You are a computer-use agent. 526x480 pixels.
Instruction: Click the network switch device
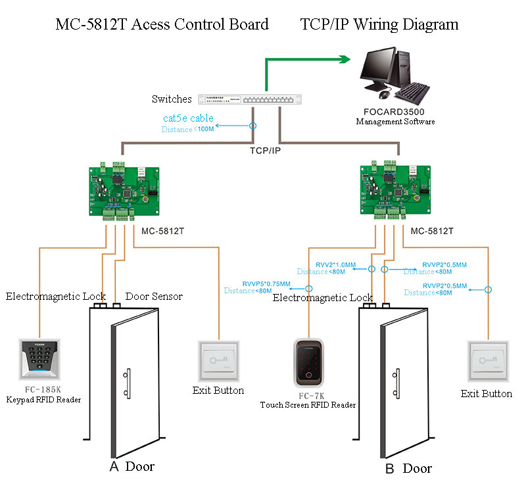pos(251,99)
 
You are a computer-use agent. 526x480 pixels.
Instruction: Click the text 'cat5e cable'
pos(189,118)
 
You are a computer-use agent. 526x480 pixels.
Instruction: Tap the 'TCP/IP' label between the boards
pos(266,151)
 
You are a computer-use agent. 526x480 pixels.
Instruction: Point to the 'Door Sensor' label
pos(153,297)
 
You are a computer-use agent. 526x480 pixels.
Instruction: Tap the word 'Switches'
pos(172,99)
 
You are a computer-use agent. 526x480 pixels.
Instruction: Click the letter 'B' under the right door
pos(390,468)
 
